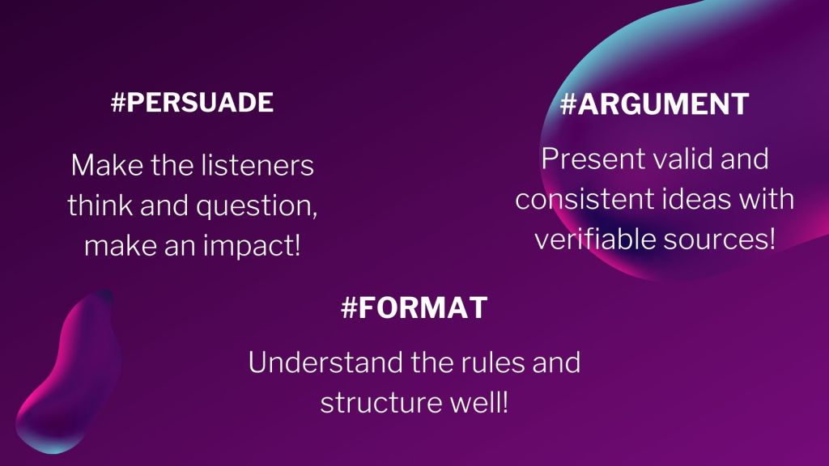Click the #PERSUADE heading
click(193, 102)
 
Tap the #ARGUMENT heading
click(654, 104)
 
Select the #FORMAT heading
click(414, 307)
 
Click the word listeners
click(253, 165)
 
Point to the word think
click(100, 205)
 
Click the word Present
click(593, 159)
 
